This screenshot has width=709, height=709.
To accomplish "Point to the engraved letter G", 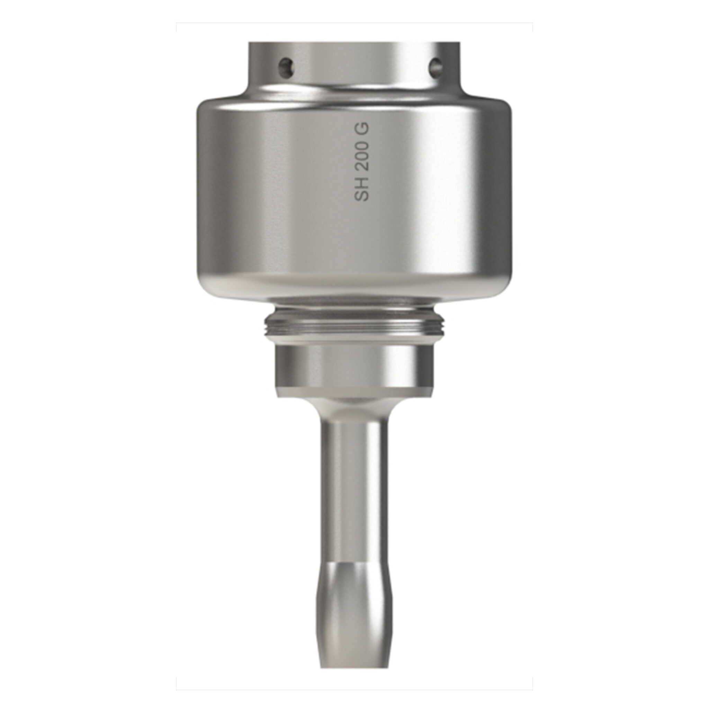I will click(x=361, y=129).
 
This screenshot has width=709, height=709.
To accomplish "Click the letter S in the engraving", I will click(x=361, y=195).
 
